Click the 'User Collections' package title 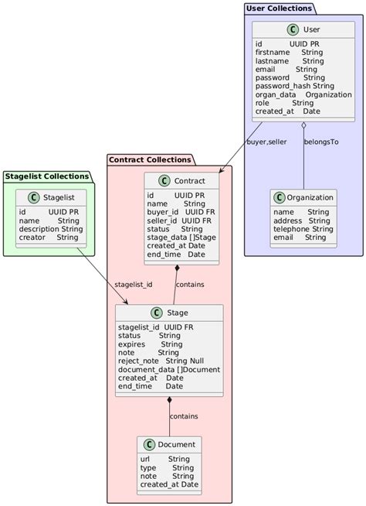point(279,8)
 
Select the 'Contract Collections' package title point(150,160)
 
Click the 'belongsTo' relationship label point(320,142)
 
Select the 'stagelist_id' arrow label point(133,284)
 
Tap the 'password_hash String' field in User point(294,85)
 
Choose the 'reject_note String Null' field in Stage point(161,361)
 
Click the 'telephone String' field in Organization point(303,229)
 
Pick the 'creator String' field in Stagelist point(49,237)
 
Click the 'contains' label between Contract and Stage point(190,284)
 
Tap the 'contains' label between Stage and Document point(183,416)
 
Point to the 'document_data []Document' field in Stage point(168,369)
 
